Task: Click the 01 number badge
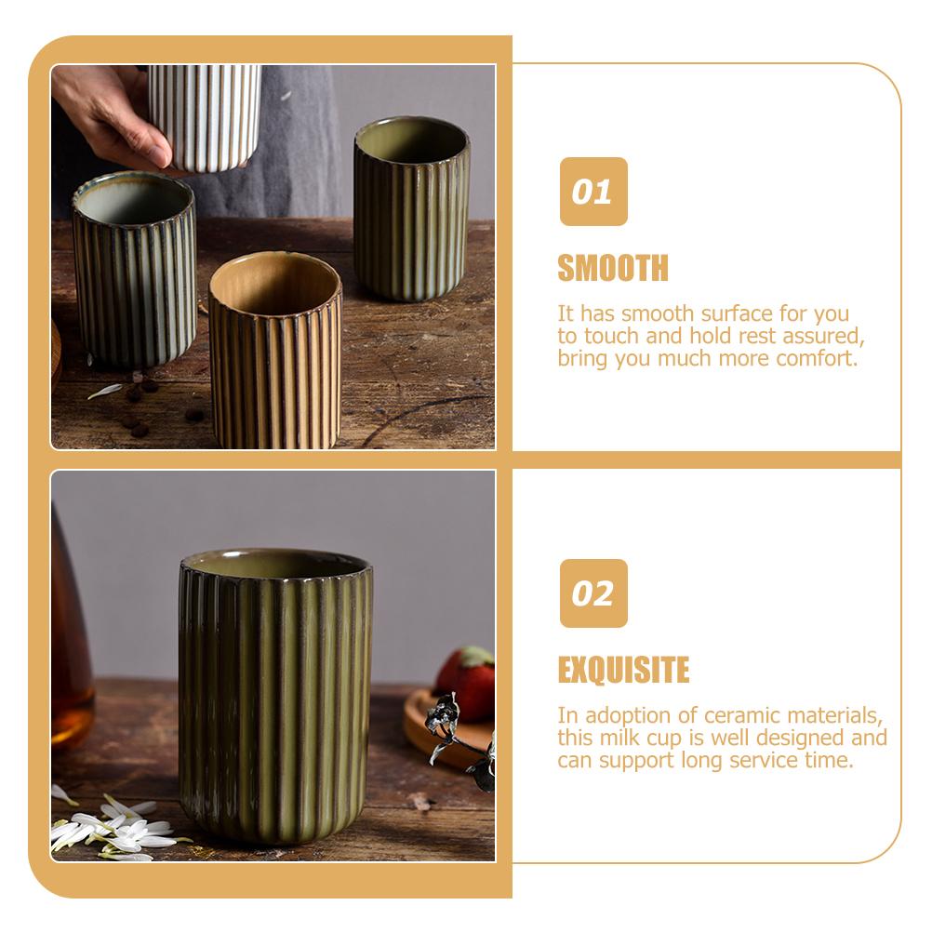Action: [593, 192]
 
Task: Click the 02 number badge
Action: [593, 593]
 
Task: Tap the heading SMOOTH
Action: [613, 268]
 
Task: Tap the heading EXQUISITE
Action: [623, 670]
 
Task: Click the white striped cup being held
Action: [205, 118]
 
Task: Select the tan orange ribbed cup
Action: [275, 351]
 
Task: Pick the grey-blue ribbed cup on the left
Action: [134, 269]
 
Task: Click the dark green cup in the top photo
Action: [412, 208]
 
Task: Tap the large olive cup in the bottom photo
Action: [275, 696]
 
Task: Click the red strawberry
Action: [468, 683]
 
